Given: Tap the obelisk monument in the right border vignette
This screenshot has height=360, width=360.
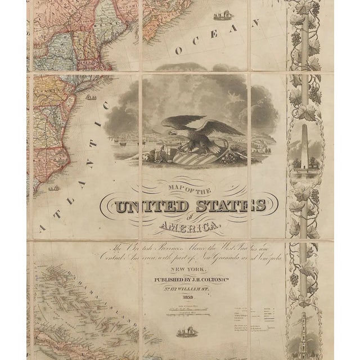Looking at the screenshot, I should point(304,149).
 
